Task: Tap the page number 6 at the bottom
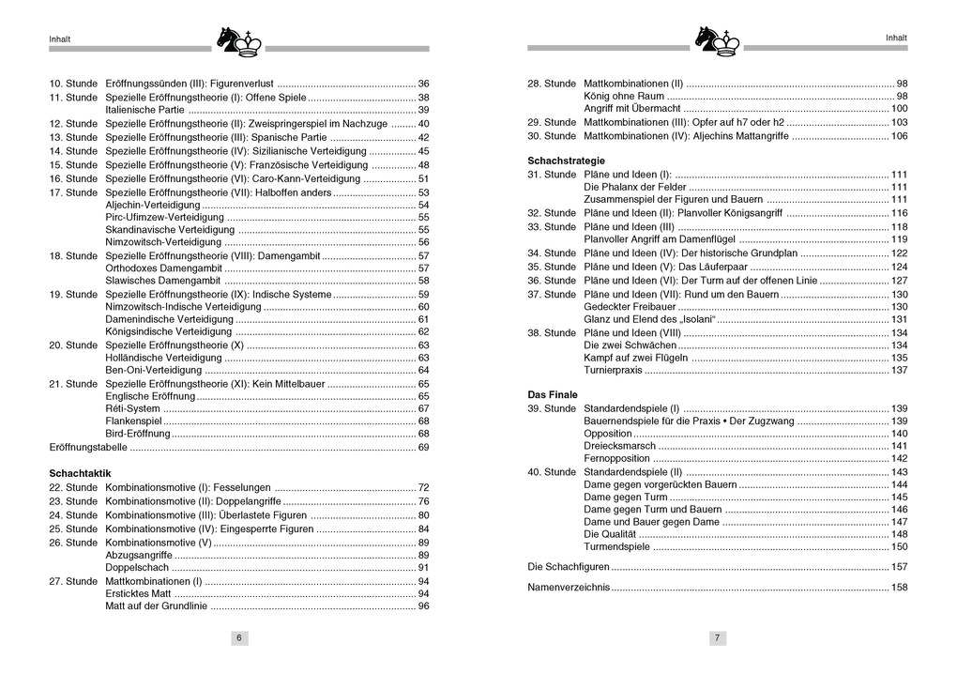239,638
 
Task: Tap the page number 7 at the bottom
717,638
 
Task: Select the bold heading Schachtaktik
81,473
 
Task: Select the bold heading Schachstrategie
566,161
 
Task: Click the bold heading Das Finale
553,395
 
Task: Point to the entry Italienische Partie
144,110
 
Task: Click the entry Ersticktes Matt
138,593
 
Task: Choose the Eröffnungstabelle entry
88,448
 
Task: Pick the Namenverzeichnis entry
569,588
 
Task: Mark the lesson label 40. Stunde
552,472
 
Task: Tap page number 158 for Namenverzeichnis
899,588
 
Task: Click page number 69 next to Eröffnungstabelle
423,448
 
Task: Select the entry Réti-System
132,408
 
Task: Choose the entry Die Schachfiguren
569,567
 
